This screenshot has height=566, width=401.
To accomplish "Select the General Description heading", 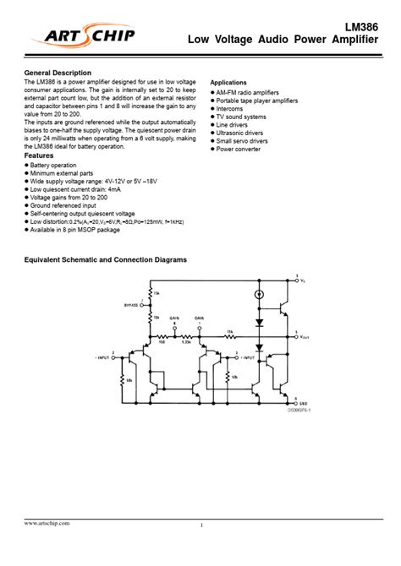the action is tap(58, 73).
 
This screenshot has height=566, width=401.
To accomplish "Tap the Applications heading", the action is tap(233, 83).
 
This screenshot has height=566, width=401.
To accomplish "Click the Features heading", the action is tap(39, 156).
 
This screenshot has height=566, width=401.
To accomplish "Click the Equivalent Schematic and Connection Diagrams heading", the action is tap(105, 260).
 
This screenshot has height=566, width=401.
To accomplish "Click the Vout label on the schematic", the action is tap(305, 336).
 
